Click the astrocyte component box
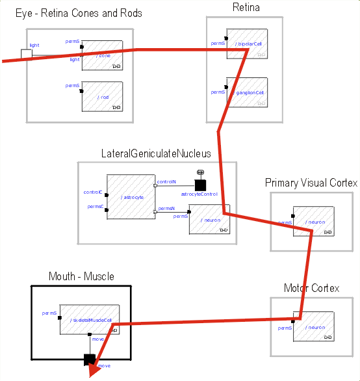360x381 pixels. (131, 196)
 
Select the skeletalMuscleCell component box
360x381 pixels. (90, 319)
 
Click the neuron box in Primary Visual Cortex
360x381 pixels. (313, 222)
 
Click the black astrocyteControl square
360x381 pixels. (200, 186)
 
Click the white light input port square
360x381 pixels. (26, 54)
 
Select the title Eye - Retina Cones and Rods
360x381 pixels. (79, 13)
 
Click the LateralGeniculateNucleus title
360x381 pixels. (156, 153)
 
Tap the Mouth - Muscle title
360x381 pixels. (81, 277)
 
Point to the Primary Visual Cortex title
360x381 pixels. (311, 183)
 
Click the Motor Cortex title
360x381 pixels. (311, 288)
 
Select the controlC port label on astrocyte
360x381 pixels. (93, 192)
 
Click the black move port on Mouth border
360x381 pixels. (89, 359)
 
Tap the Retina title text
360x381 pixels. (246, 8)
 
